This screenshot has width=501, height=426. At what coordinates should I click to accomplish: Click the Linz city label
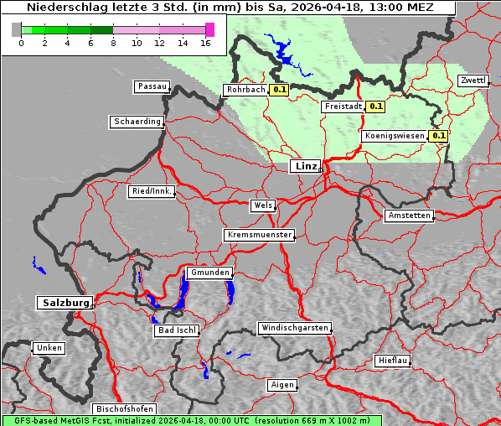pyautogui.click(x=305, y=166)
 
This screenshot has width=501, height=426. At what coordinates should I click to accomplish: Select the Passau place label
pyautogui.click(x=151, y=86)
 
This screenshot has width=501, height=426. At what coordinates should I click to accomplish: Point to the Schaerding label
pyautogui.click(x=137, y=122)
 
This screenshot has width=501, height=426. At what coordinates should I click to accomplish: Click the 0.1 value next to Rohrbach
pyautogui.click(x=279, y=89)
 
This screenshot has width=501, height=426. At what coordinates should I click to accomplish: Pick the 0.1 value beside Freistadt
pyautogui.click(x=375, y=106)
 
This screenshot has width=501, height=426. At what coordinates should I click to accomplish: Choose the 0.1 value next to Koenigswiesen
pyautogui.click(x=438, y=135)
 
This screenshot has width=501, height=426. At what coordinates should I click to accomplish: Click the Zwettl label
pyautogui.click(x=473, y=81)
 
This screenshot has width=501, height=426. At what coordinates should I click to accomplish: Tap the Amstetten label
pyautogui.click(x=409, y=216)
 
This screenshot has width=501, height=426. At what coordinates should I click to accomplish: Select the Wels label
pyautogui.click(x=261, y=205)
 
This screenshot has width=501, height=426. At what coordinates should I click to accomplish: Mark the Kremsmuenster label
pyautogui.click(x=259, y=235)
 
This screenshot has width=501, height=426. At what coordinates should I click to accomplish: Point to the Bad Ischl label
pyautogui.click(x=176, y=330)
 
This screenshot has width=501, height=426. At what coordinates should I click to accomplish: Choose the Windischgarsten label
pyautogui.click(x=293, y=328)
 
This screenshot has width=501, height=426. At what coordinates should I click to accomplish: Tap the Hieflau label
pyautogui.click(x=392, y=361)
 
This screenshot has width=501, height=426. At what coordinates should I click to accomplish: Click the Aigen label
pyautogui.click(x=281, y=385)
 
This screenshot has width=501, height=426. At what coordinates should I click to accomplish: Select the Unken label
pyautogui.click(x=48, y=348)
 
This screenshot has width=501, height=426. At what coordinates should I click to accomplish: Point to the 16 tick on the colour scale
pyautogui.click(x=205, y=43)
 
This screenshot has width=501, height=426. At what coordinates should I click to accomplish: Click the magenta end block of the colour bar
pyautogui.click(x=209, y=29)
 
